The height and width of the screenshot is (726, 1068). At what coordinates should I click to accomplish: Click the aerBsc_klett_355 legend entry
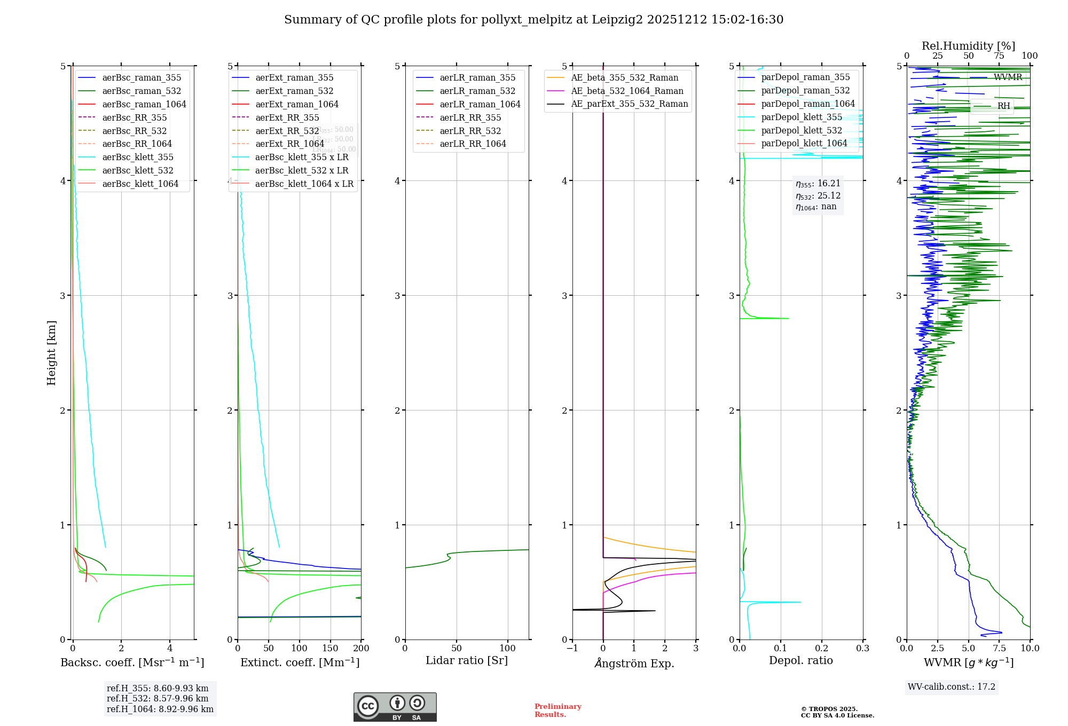pos(137,157)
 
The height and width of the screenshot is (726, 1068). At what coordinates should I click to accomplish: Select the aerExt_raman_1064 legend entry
pos(296,104)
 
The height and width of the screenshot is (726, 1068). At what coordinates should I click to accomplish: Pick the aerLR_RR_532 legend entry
pos(470,131)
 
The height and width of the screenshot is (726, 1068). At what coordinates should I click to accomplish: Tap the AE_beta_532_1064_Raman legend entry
pos(627,91)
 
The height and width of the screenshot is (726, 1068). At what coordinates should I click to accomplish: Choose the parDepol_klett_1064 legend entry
pos(804,143)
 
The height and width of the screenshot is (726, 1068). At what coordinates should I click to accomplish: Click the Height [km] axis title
pos(51,352)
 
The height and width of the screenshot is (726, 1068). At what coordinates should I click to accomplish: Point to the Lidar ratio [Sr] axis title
pos(466,660)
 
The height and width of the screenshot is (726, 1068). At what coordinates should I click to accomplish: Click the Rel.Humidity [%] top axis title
pos(968,46)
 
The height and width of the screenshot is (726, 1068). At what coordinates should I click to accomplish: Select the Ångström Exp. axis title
pos(634,663)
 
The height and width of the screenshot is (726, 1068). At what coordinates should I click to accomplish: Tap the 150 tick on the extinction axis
pos(330,648)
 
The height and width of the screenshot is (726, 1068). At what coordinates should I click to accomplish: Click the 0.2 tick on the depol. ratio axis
pos(822,648)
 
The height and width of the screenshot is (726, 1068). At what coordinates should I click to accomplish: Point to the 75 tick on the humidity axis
pos(999,56)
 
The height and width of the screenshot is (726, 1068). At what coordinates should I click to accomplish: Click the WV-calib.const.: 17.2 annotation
pos(952,686)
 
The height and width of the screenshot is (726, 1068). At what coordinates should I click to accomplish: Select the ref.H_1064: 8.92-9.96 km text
pos(160,709)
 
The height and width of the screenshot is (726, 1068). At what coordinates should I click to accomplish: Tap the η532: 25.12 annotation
pos(818,195)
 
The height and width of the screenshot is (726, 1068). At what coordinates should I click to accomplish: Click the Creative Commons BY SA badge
pos(395,707)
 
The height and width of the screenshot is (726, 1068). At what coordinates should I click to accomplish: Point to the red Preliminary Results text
pos(557,710)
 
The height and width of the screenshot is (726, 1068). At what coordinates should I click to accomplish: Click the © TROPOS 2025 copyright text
pos(829,709)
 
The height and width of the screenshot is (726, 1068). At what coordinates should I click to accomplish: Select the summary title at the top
pos(533,20)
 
